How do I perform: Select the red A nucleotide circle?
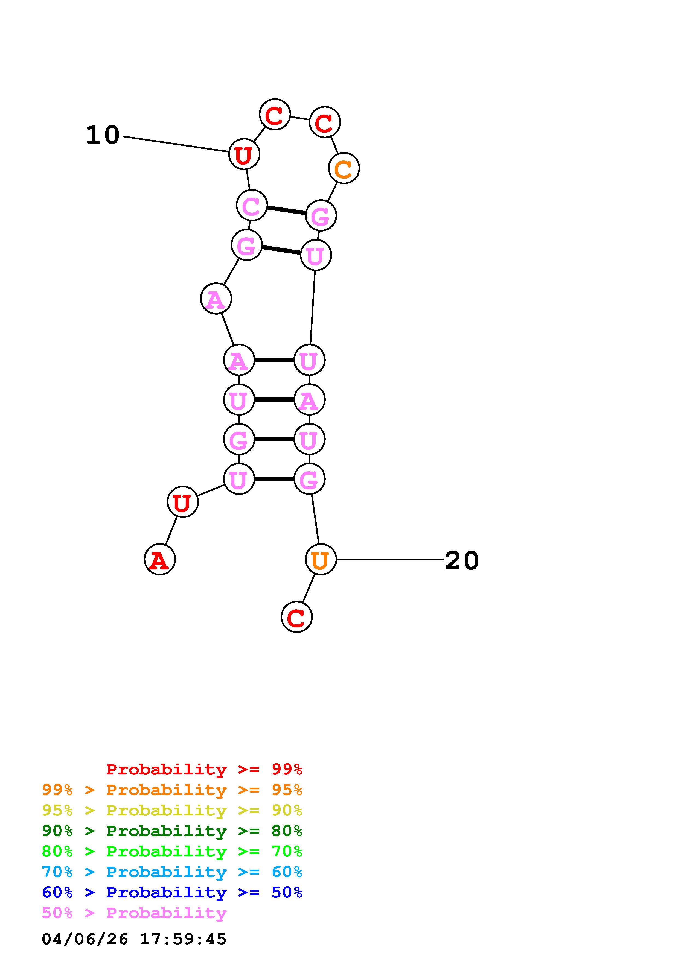coord(159,559)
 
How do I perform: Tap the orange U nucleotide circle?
coord(321,559)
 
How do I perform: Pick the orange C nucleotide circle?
coord(344,168)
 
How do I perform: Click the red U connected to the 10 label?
coord(244,154)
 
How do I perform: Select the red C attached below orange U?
coord(296,616)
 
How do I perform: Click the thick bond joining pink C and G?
coord(286,210)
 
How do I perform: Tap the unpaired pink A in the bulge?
coord(216,299)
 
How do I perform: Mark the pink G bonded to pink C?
coord(321,215)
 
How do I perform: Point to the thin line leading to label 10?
coord(176,144)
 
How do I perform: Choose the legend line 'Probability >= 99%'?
coord(204,769)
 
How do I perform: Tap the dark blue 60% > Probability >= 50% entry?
coord(172,893)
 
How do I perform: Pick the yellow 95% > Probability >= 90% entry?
coord(172,810)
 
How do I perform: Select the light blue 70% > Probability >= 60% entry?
coord(172,872)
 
